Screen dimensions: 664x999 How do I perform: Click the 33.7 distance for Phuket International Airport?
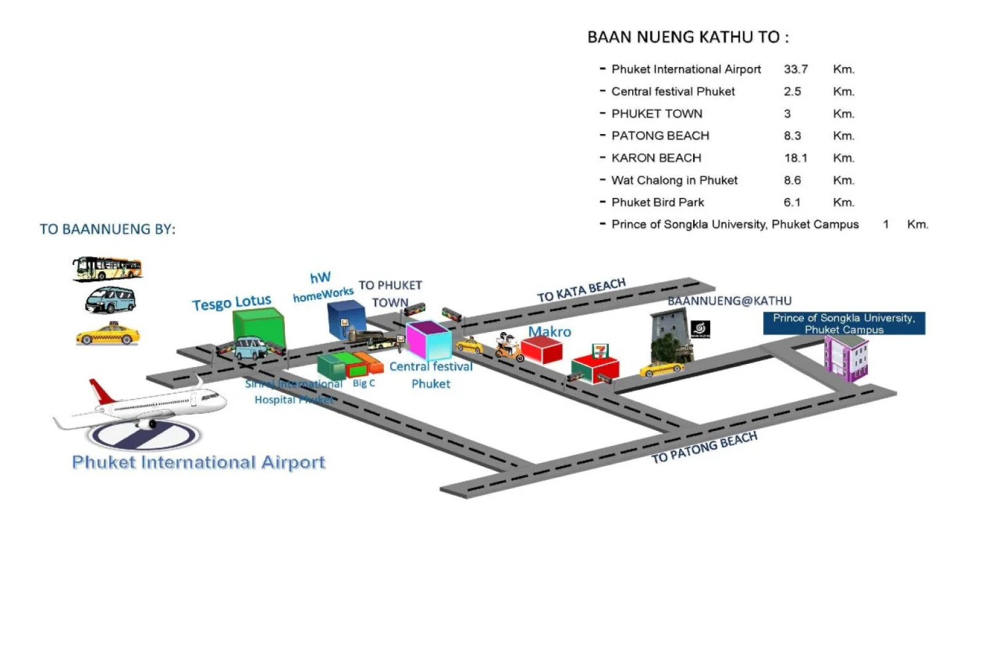coord(795,69)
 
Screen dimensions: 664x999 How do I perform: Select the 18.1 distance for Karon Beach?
coord(795,158)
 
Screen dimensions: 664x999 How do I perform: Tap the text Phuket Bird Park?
coord(657,202)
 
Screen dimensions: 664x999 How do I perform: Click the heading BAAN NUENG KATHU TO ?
coord(688,38)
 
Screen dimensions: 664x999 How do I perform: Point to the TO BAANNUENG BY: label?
coord(108,229)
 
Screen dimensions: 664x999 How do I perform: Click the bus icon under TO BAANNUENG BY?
coord(108,269)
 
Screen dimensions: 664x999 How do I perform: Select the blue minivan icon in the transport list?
coord(110,300)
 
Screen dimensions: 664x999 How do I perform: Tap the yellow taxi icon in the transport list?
coord(108,334)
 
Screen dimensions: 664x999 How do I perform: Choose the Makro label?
coord(549,332)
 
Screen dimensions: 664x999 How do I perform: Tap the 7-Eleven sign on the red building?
coord(600,351)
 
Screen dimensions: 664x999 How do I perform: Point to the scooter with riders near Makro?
coord(509,347)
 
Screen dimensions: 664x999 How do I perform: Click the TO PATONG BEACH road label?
coord(704,448)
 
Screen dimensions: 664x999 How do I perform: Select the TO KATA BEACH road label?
coord(581,290)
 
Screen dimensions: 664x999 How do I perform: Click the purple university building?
coord(846,358)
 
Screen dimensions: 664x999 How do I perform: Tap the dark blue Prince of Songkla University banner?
coord(843,323)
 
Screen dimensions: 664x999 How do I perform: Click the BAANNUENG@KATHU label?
coord(729,301)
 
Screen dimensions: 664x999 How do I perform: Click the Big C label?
coord(363,383)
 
